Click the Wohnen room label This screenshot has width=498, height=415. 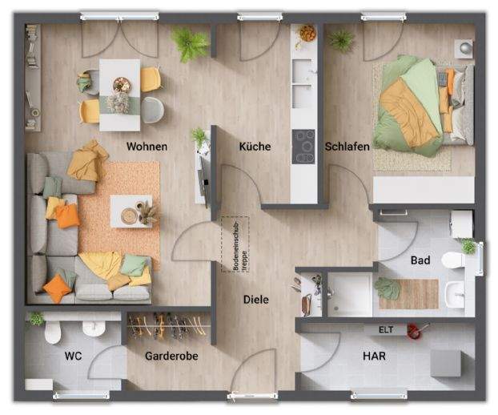[x=147, y=147]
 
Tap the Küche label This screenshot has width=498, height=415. [x=255, y=147]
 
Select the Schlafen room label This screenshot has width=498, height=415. [x=347, y=147]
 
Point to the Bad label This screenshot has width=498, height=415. [x=420, y=260]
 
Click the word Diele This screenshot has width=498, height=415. [x=255, y=300]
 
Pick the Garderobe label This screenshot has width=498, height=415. [x=171, y=355]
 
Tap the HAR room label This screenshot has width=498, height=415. [x=373, y=355]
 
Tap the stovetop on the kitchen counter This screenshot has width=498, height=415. [x=304, y=146]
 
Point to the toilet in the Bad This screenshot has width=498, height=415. [x=453, y=260]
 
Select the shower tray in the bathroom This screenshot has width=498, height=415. [x=350, y=294]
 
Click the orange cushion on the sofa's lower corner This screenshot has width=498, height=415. [x=57, y=288]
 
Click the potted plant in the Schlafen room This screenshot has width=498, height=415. [x=342, y=40]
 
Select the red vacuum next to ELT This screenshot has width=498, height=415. [x=414, y=328]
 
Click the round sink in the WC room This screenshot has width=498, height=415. [x=94, y=328]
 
